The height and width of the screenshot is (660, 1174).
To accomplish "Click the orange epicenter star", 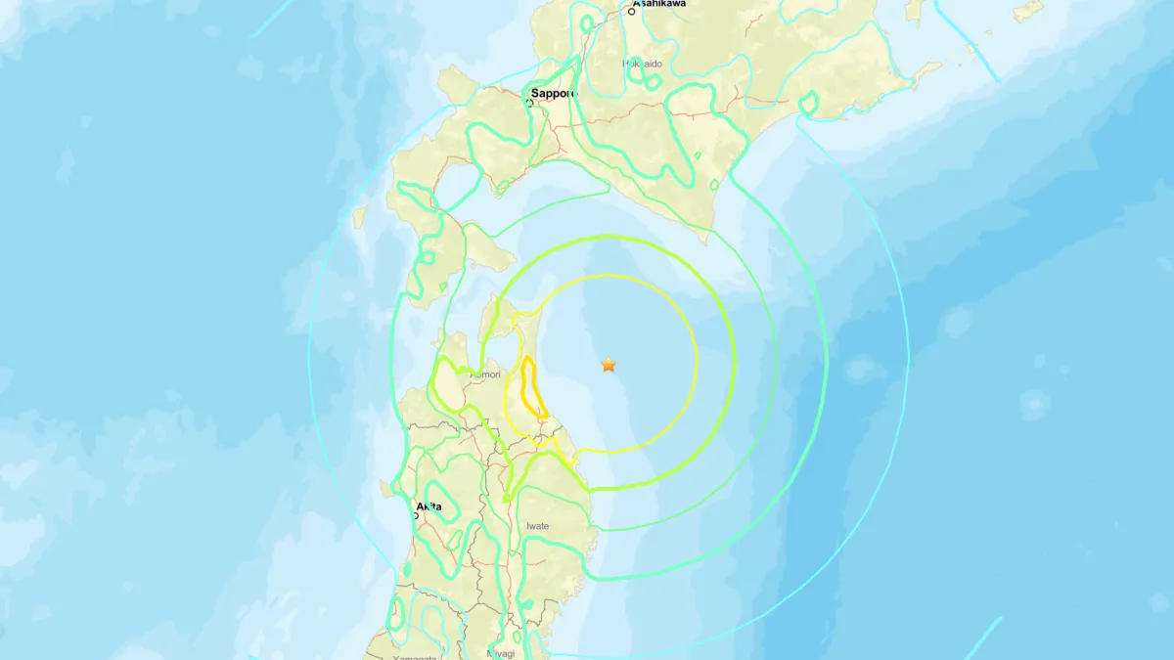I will click(609, 365).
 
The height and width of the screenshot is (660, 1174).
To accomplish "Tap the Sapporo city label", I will click(554, 94).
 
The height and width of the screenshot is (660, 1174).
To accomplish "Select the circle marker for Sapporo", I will click(530, 102).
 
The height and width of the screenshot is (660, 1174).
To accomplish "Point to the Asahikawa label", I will click(661, 4).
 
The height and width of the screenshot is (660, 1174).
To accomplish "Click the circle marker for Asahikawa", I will click(633, 11).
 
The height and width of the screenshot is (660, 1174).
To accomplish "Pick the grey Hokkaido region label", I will click(643, 64).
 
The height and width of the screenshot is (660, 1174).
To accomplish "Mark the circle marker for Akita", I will click(415, 514).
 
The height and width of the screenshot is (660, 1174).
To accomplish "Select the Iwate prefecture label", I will click(537, 526).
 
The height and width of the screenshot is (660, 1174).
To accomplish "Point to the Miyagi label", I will click(500, 653).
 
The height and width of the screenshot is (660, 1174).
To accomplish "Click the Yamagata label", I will click(415, 657).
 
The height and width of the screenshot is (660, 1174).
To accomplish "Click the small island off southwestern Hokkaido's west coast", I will click(359, 216).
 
